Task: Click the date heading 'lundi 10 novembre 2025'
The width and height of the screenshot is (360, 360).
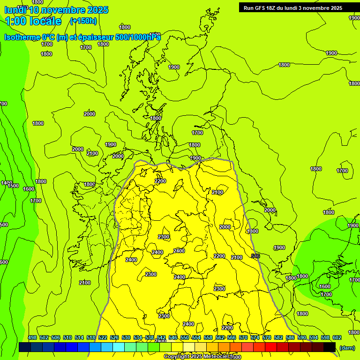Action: [x=56, y=10]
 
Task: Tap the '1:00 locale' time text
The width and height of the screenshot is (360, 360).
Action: [x=33, y=21]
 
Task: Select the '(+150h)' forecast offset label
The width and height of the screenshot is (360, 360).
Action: [x=83, y=21]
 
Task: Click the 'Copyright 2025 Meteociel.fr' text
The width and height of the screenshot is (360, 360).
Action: [x=199, y=356]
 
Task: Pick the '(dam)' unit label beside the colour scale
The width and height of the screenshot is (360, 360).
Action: [x=347, y=347]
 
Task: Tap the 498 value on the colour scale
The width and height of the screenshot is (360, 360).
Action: [x=32, y=337]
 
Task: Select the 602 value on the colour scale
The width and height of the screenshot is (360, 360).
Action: [x=337, y=337]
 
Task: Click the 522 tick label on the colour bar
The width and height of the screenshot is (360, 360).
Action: [x=103, y=337]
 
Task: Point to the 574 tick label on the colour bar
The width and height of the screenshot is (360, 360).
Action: [x=255, y=337]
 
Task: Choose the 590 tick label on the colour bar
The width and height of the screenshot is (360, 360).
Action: [x=302, y=337]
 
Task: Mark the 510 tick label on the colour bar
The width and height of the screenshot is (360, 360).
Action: [x=67, y=337]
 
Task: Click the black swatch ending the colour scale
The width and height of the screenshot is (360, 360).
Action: [x=330, y=347]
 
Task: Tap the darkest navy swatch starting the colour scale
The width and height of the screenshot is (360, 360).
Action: [x=25, y=347]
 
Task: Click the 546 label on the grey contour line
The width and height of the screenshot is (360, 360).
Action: [x=255, y=256]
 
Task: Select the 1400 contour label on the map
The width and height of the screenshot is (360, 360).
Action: [x=6, y=183]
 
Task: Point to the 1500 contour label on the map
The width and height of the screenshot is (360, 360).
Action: [x=13, y=186]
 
